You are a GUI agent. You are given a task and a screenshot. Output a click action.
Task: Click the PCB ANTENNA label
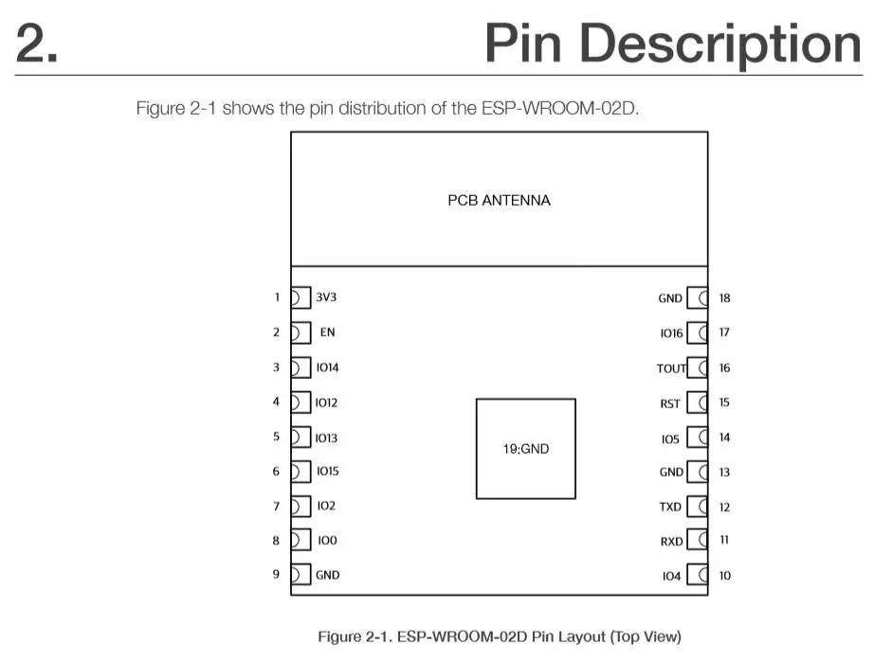point(499,201)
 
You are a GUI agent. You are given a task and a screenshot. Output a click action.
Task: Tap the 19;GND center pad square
point(525,448)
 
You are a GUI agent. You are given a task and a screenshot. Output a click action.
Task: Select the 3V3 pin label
point(326,297)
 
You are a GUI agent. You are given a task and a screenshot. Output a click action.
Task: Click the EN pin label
point(327,332)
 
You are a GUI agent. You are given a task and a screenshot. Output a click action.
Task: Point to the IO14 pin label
point(327,367)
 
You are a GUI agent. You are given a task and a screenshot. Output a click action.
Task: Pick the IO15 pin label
point(327,471)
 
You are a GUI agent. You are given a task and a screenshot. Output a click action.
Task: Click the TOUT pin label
point(670,368)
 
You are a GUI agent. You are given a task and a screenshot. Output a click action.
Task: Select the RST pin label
point(670,403)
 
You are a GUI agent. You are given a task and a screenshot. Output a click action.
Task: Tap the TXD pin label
point(670,507)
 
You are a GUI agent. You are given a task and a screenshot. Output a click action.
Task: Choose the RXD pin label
point(670,541)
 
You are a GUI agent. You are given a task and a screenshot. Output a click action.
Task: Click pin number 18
point(724,298)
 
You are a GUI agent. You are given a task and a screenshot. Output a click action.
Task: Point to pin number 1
point(277,297)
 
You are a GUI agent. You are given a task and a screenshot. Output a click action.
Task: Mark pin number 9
point(277,574)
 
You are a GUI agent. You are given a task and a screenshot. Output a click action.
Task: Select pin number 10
point(724,576)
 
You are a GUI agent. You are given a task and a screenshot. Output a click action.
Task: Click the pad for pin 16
point(698,367)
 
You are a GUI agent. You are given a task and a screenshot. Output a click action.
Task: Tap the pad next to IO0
point(300,540)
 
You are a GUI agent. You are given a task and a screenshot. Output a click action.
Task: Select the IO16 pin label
point(671,333)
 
